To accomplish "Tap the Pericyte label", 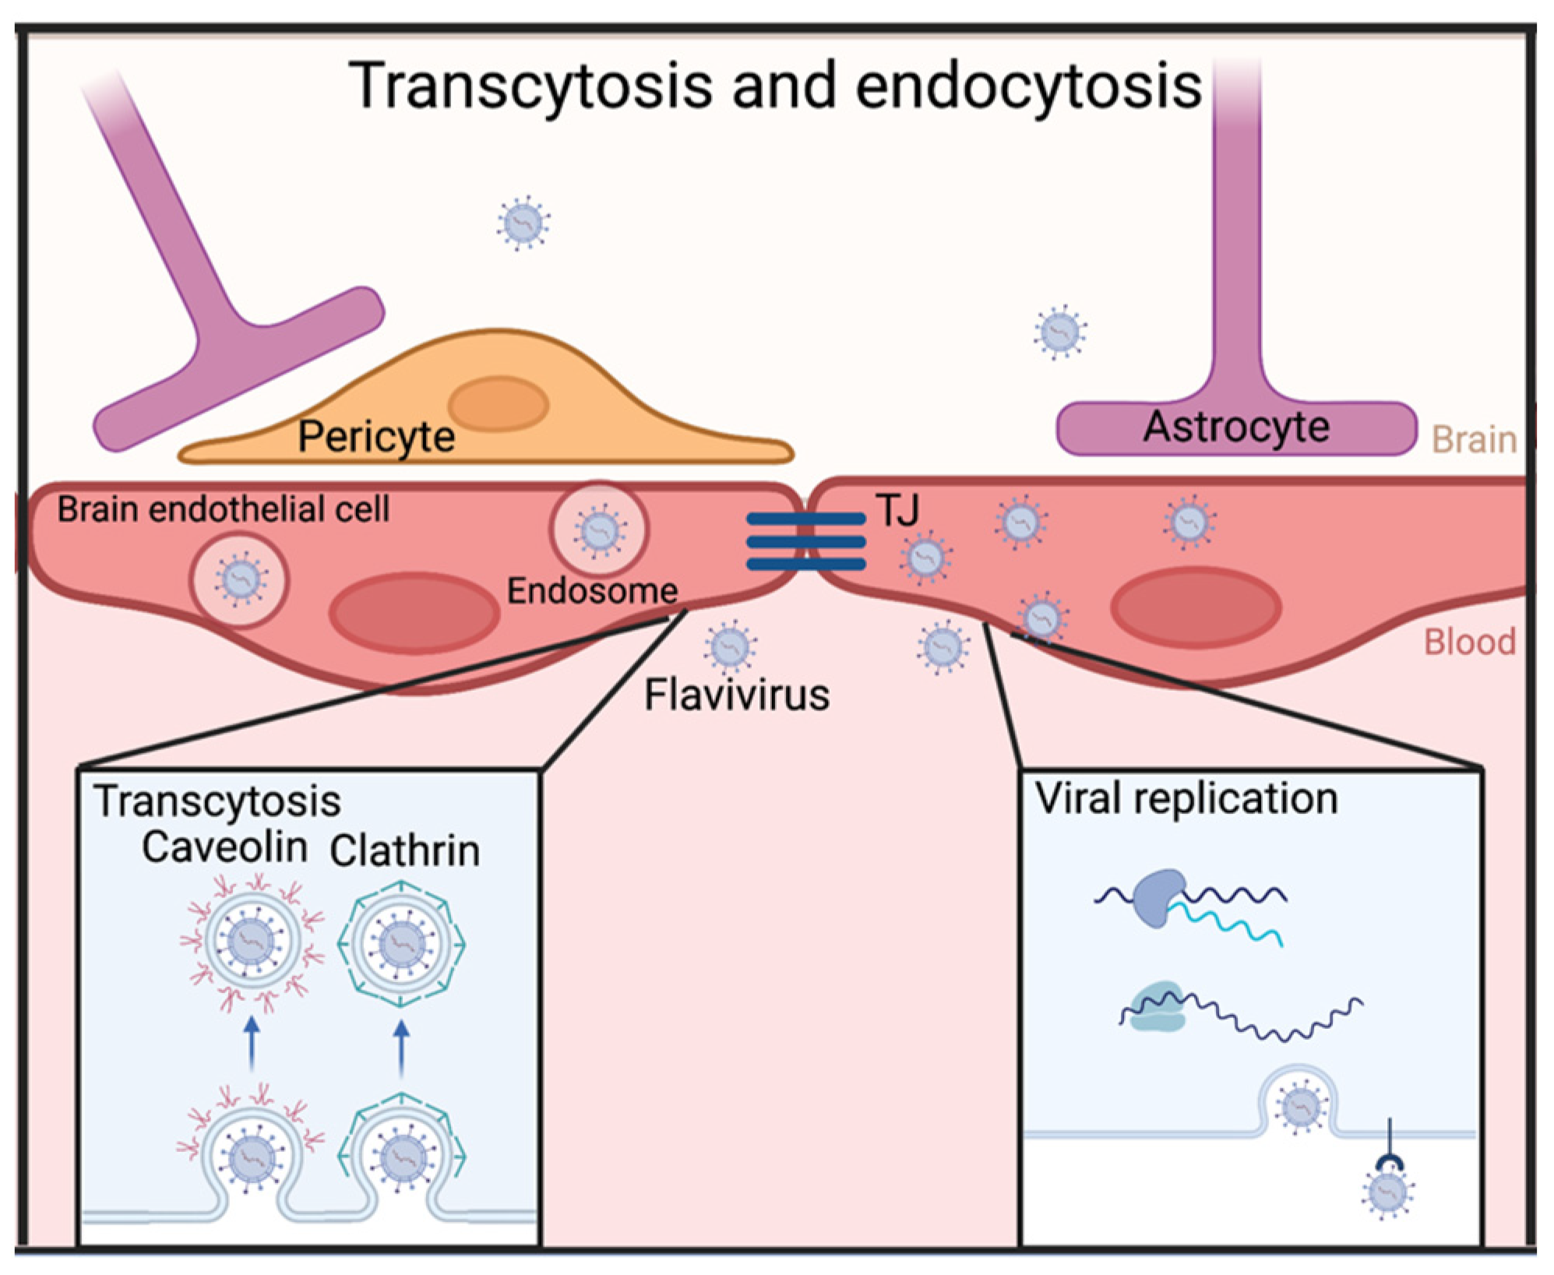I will point(376,436).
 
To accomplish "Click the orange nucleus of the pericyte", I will point(499,403).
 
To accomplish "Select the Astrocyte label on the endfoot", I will point(1235,427).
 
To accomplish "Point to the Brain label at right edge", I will point(1474,440).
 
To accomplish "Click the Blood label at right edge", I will point(1469,643).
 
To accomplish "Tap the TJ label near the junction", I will point(897,510).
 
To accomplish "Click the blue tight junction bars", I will point(805,541).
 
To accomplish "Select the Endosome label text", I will point(592,590).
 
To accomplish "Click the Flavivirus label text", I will point(736,695).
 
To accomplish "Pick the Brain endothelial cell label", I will point(223,509).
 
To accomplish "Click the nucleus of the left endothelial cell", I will point(414,613).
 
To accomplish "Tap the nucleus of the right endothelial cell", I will point(1196,608).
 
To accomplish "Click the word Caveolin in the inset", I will point(224,847).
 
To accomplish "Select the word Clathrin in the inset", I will point(404,851).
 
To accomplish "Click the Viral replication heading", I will point(1186,798).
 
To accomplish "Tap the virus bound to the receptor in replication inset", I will point(1387,1192).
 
